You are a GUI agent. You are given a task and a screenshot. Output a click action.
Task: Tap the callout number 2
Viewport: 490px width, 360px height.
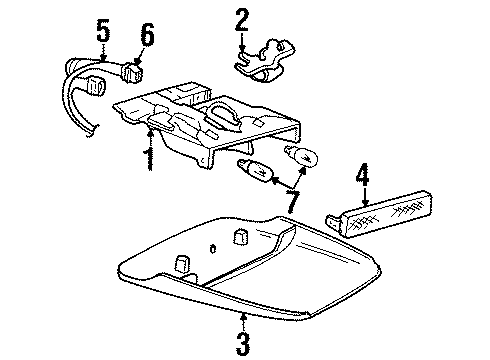[241, 20]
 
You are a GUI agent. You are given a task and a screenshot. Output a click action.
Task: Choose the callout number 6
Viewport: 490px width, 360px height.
[147, 35]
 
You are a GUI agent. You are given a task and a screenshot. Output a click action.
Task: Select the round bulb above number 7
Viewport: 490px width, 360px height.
[301, 155]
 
